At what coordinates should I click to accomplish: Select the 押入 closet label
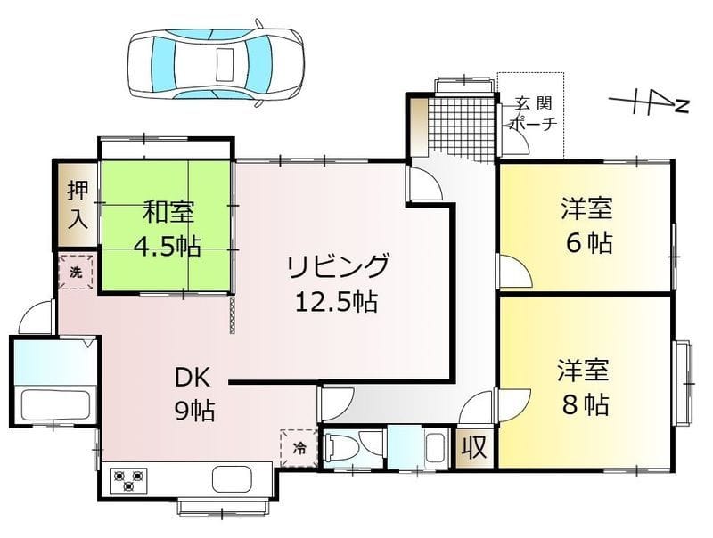(78, 204)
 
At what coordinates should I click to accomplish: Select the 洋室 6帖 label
(586, 226)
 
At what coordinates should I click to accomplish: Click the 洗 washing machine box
(77, 273)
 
